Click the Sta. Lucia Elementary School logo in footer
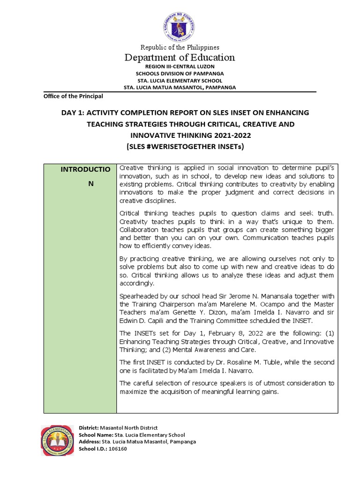pyautogui.click(x=57, y=440)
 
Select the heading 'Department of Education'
pyautogui.click(x=180, y=58)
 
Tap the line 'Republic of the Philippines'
pyautogui.click(x=180, y=47)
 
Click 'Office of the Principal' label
pyautogui.click(x=73, y=96)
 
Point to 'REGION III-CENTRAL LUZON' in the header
pyautogui.click(x=180, y=67)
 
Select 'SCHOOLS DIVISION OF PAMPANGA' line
pyautogui.click(x=180, y=74)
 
